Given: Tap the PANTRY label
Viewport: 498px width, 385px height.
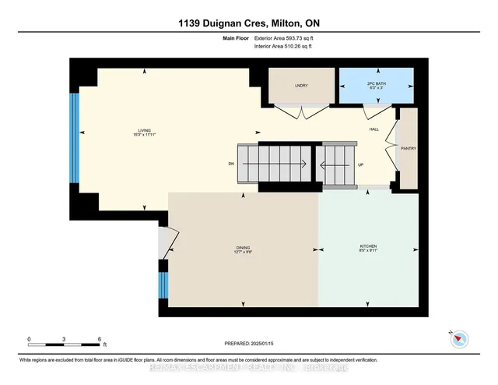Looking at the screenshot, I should pos(409,148).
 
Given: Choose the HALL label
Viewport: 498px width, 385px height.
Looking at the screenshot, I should pos(373,129).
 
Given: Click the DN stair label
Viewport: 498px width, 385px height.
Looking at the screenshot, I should pos(231,164).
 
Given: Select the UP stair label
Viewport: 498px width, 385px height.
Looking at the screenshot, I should pos(360,164).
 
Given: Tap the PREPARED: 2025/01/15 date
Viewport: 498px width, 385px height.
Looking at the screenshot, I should pos(248,342).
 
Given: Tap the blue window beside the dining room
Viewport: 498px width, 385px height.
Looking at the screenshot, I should pos(163,285).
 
